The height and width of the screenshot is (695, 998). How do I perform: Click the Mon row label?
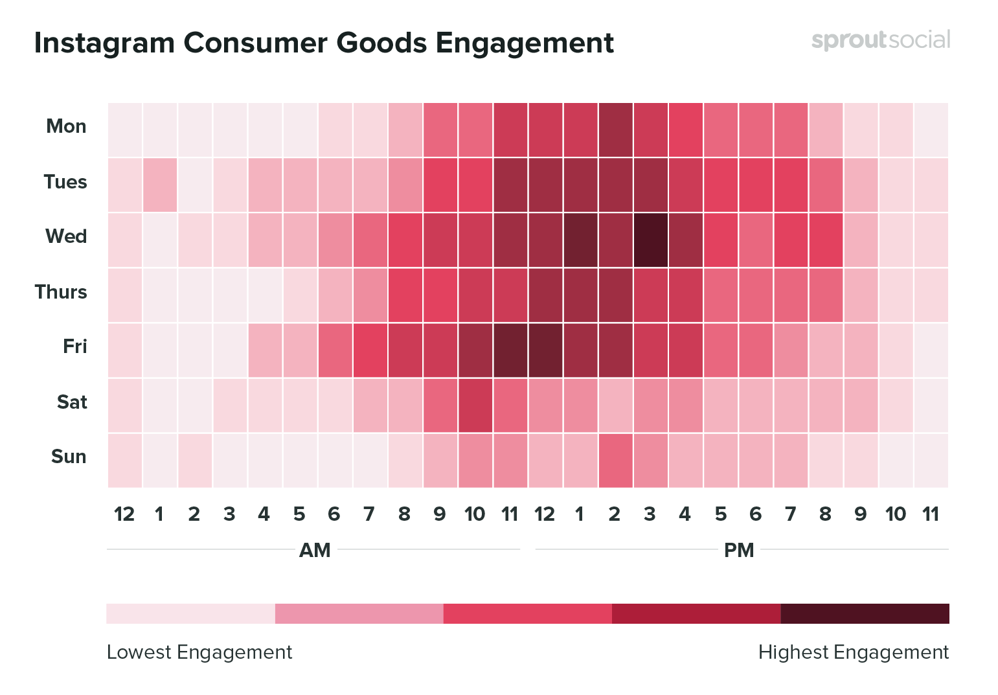pyautogui.click(x=66, y=126)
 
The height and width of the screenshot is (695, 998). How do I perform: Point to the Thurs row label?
pyautogui.click(x=61, y=292)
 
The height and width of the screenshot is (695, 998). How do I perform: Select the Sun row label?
pyautogui.click(x=69, y=457)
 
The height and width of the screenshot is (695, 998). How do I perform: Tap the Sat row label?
pyautogui.click(x=71, y=402)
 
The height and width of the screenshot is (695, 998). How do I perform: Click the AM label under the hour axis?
pyautogui.click(x=315, y=551)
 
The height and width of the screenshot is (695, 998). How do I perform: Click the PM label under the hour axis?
pyautogui.click(x=739, y=551)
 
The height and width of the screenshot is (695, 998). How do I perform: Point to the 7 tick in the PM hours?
pyautogui.click(x=790, y=514)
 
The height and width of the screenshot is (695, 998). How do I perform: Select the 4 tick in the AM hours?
pyautogui.click(x=264, y=514)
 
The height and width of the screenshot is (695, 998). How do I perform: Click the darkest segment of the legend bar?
pyautogui.click(x=865, y=613)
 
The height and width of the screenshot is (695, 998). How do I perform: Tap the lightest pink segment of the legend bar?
pyautogui.click(x=190, y=613)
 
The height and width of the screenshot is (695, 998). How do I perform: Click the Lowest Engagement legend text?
pyautogui.click(x=199, y=652)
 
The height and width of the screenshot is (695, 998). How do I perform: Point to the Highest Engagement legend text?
pyautogui.click(x=853, y=652)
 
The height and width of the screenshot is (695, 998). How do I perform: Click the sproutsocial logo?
pyautogui.click(x=881, y=40)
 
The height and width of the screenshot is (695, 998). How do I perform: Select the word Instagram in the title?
pyautogui.click(x=104, y=43)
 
